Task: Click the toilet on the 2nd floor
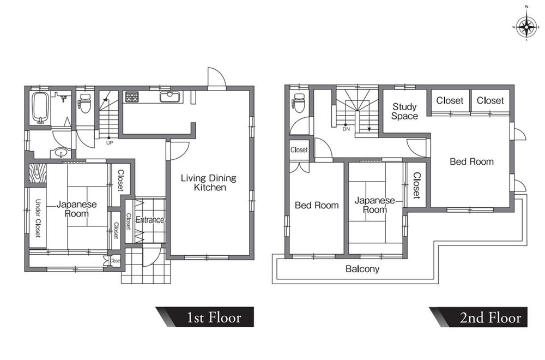click(299, 103)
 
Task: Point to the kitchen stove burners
click(132, 97)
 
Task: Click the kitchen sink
click(169, 97)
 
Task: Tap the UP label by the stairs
click(110, 143)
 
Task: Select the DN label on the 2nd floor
click(346, 129)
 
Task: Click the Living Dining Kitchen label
click(209, 183)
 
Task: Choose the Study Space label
click(404, 111)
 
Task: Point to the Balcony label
click(362, 269)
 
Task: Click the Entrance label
click(150, 220)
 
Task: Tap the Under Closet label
click(38, 218)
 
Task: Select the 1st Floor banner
click(205, 317)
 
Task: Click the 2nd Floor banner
click(479, 317)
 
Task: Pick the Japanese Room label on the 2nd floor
click(375, 205)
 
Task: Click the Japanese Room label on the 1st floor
click(77, 209)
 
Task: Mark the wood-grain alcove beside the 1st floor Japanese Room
click(38, 173)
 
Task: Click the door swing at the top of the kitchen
click(217, 77)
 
